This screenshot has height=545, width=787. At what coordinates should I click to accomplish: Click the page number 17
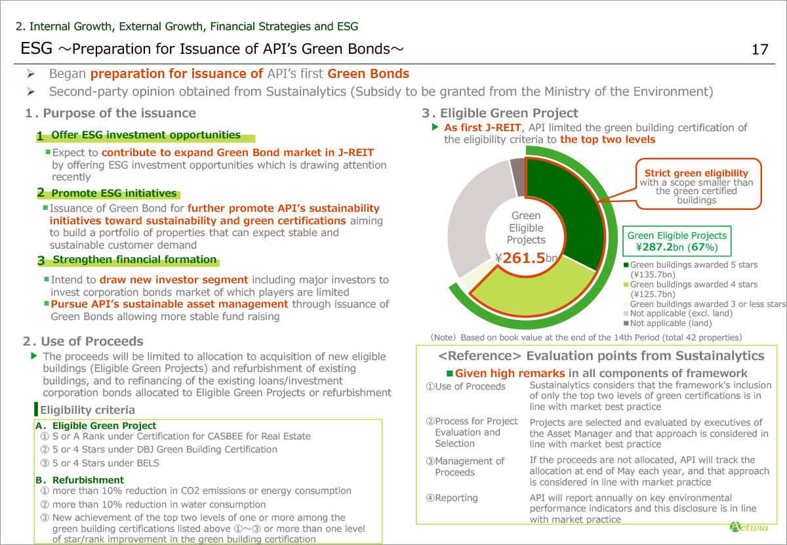[759, 50]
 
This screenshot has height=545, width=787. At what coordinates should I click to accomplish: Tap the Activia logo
[748, 527]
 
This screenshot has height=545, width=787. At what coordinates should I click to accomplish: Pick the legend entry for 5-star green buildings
[693, 265]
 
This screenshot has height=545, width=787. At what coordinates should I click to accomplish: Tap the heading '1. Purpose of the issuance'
[110, 113]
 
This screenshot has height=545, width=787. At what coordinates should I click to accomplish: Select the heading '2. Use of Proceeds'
[83, 341]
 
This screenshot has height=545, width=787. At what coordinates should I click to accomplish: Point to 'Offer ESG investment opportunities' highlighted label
[146, 135]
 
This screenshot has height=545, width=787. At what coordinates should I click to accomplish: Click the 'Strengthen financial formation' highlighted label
[134, 260]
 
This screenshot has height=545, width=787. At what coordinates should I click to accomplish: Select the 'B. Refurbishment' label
[79, 480]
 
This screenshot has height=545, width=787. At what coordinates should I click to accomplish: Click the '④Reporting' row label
[452, 498]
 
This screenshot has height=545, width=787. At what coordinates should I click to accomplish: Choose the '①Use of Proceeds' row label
[466, 386]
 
